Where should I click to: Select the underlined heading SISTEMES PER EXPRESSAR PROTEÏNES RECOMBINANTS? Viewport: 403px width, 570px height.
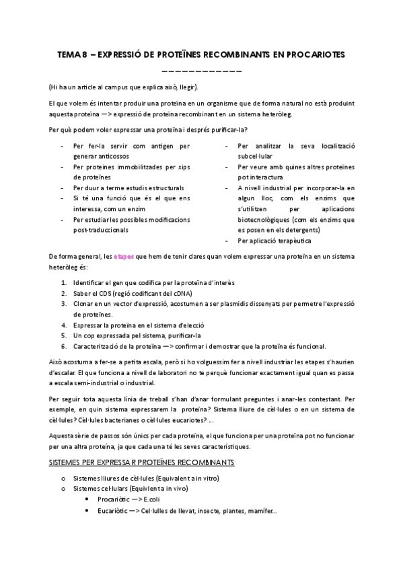coord(141,463)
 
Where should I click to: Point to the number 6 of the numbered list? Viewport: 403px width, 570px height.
coord(63,346)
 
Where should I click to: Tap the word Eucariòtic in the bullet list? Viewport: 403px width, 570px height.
coord(114,512)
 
